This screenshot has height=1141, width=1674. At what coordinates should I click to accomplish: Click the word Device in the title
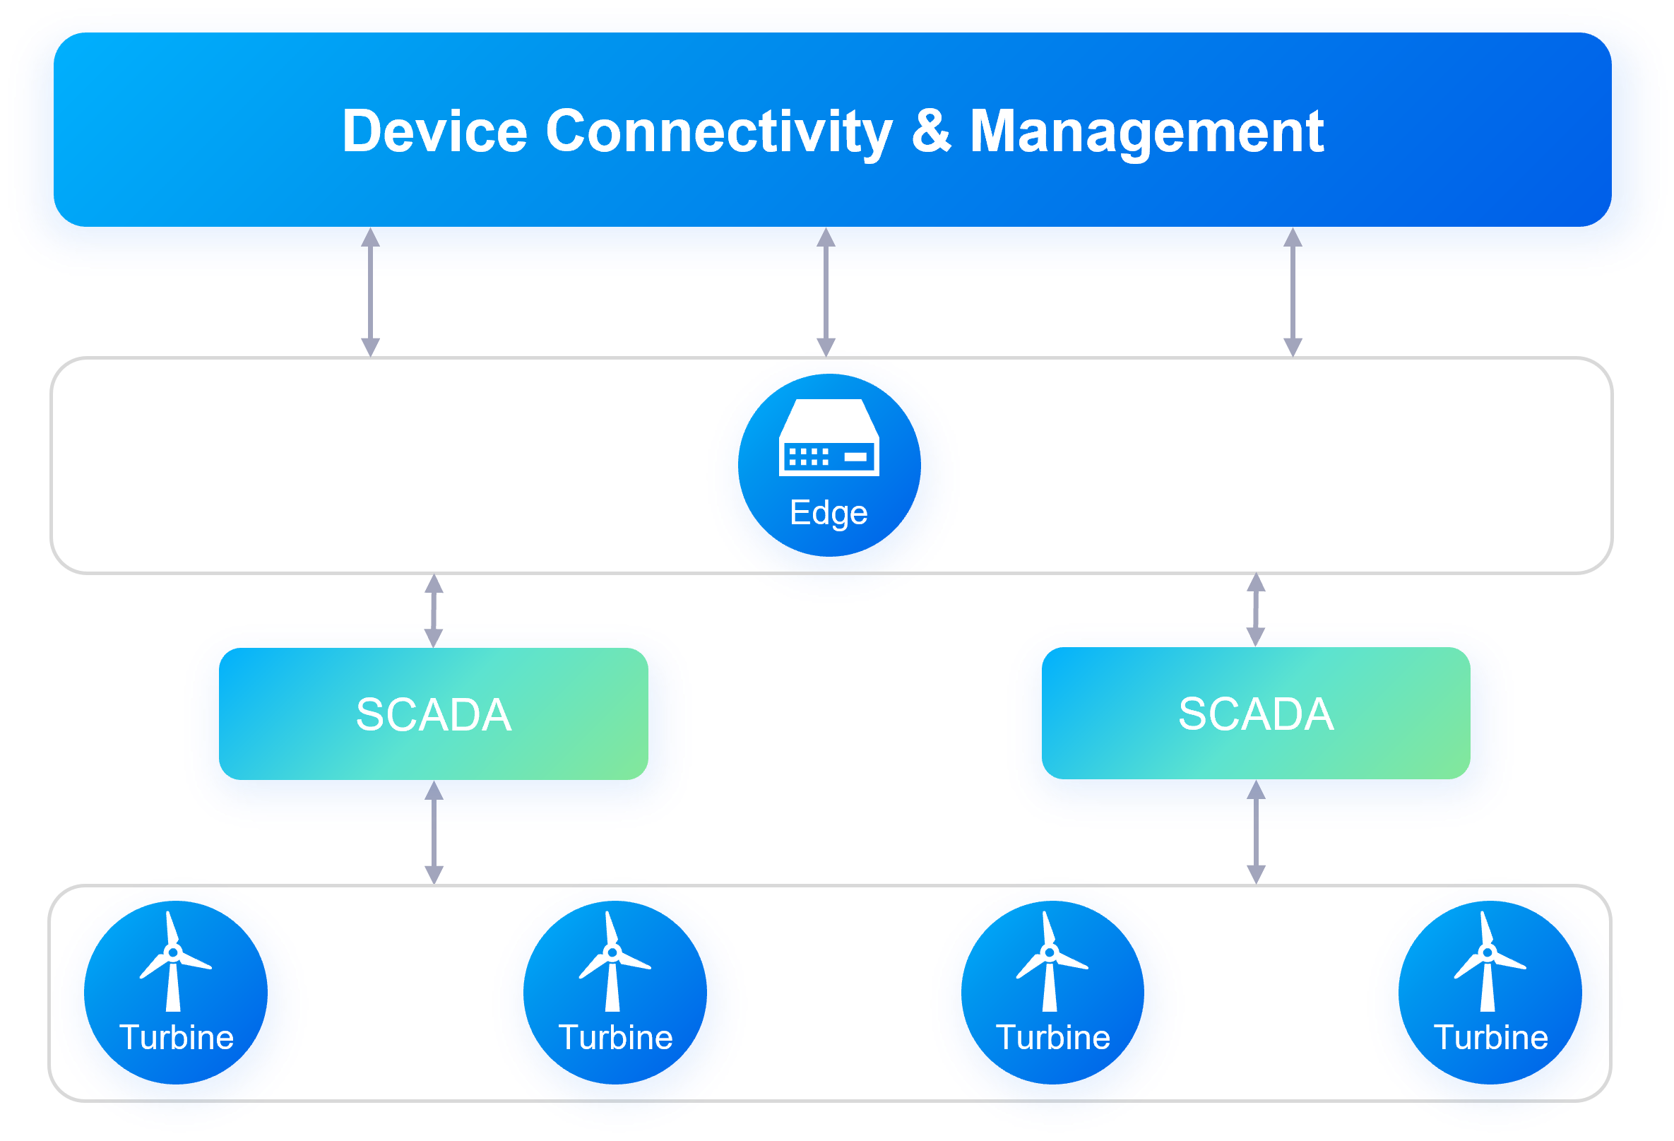(435, 131)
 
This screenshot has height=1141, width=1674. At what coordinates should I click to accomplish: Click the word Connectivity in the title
(719, 131)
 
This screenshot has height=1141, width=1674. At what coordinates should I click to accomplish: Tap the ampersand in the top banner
(932, 131)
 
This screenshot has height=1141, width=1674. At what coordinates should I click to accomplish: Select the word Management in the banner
(1147, 131)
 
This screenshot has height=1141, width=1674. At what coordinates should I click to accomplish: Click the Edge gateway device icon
(829, 438)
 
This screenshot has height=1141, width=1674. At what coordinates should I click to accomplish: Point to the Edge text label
(829, 513)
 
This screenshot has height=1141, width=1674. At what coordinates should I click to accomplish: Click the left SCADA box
(434, 714)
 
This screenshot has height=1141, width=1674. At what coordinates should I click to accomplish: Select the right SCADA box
(1256, 713)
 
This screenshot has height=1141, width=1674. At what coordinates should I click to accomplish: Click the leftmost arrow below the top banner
(370, 292)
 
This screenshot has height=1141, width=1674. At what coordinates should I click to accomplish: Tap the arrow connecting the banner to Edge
(826, 292)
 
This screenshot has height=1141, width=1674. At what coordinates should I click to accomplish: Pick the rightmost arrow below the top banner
(1293, 292)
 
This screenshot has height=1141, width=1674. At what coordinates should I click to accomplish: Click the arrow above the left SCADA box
(434, 611)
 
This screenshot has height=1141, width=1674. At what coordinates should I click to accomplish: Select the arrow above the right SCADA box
(1257, 610)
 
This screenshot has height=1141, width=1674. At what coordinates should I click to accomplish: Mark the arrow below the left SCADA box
(434, 833)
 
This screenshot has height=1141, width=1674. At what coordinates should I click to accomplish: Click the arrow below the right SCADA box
(1257, 832)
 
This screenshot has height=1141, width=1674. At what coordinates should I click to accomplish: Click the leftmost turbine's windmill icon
(174, 962)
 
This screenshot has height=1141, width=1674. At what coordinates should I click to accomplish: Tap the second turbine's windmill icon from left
(613, 962)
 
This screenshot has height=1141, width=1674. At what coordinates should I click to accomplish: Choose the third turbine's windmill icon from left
(1050, 962)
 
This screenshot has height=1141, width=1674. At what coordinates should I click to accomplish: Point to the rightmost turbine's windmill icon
(1488, 962)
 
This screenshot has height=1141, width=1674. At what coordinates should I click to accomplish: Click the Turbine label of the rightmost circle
(1491, 1038)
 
